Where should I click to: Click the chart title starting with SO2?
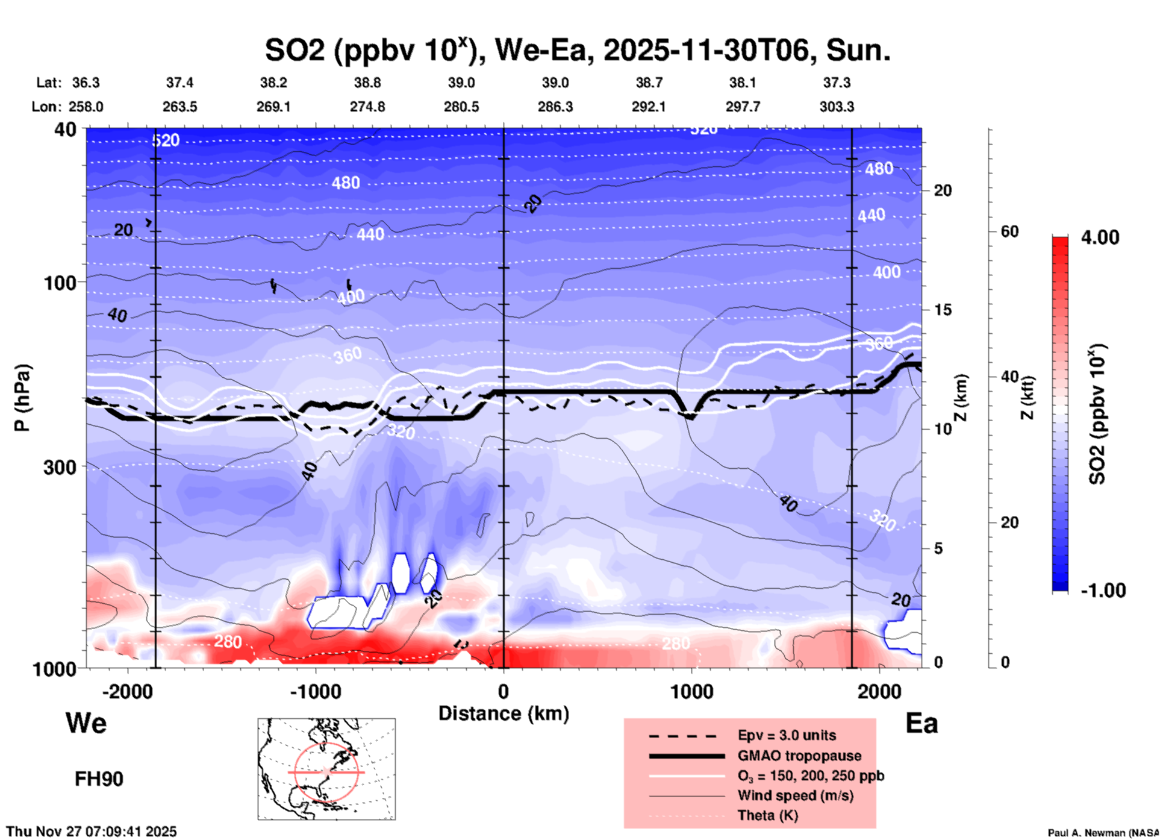point(577,51)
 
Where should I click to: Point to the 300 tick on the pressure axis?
point(60,467)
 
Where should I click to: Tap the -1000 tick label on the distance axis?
point(316,691)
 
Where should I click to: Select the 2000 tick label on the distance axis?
point(879,691)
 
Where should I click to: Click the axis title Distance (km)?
point(504,713)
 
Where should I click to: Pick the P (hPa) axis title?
point(22,398)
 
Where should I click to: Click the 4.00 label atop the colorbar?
point(1100,237)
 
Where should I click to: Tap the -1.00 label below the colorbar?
point(1103,590)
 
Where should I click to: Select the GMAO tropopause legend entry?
point(799,756)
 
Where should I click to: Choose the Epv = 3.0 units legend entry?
point(787,735)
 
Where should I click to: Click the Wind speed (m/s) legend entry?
point(795,795)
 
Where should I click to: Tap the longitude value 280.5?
point(461,107)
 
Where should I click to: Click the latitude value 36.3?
point(86,83)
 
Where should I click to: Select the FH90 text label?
point(99,779)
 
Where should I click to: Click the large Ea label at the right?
point(921,723)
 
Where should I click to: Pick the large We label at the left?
point(86,722)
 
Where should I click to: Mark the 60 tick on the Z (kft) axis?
point(1009,231)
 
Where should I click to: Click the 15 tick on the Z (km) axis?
point(943,310)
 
